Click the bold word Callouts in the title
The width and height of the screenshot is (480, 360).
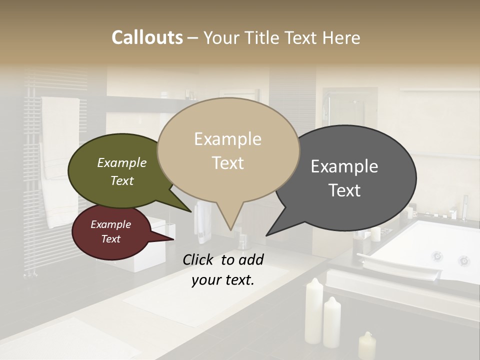point(147,37)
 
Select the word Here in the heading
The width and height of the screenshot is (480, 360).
point(341,38)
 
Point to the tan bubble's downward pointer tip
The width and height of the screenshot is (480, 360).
point(230,229)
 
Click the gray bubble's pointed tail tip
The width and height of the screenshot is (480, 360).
point(267,234)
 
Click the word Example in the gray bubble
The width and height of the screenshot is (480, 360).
point(344,166)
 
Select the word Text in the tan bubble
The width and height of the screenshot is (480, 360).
point(228,163)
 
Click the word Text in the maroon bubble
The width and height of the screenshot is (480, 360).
point(110,239)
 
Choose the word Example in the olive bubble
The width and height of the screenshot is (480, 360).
point(121,163)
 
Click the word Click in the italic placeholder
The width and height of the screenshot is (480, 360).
point(199,259)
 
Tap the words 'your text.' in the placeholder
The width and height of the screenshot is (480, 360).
point(223,280)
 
